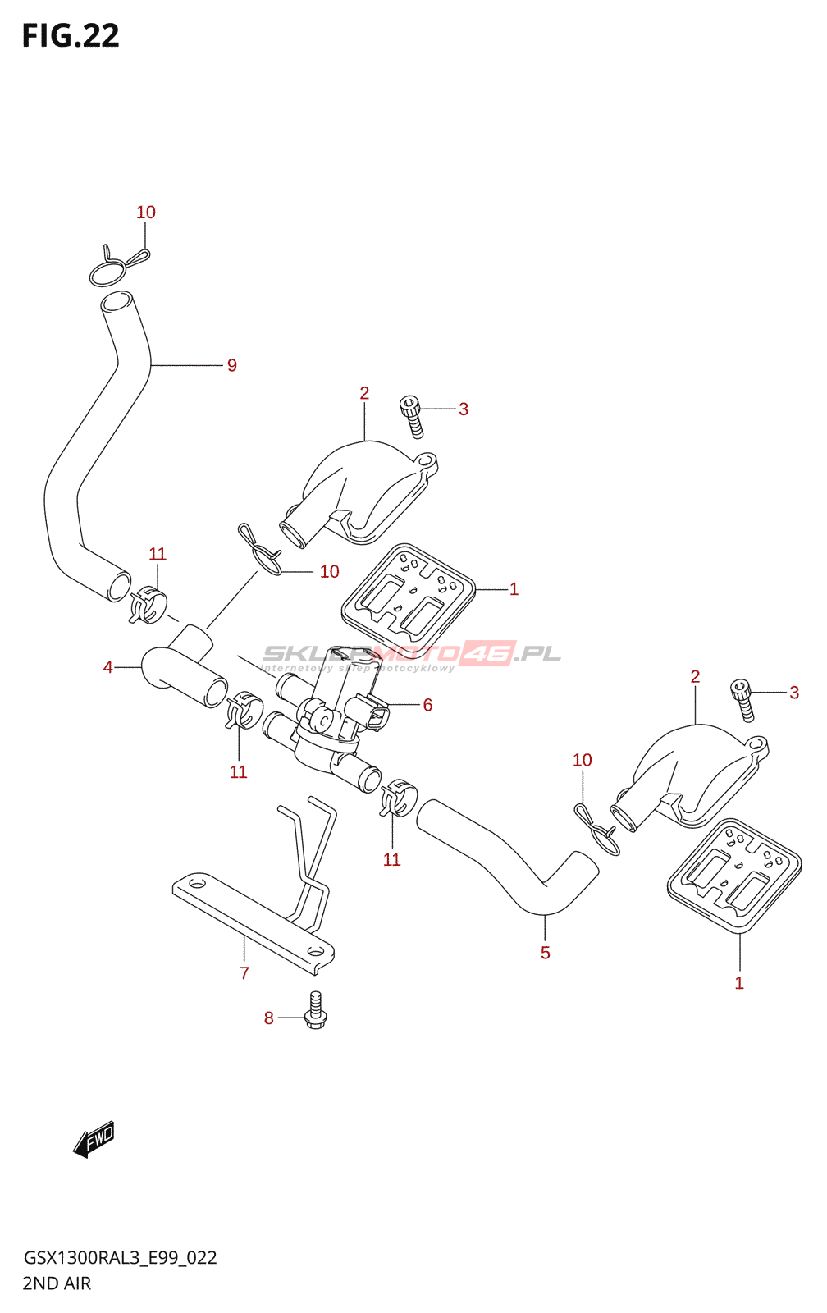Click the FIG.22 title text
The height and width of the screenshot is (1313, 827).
coord(71,36)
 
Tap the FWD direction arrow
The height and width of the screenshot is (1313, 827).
coord(94,1139)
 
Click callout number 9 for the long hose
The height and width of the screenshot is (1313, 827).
coord(232,366)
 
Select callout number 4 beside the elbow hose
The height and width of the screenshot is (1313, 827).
coord(108,668)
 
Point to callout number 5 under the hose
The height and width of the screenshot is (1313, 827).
coord(546,954)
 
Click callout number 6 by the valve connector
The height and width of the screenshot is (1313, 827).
coord(427,706)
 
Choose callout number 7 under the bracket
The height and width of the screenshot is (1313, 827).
coord(244,974)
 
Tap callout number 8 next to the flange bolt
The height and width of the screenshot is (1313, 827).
coord(268,1019)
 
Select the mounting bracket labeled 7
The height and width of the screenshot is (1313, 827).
coord(254,911)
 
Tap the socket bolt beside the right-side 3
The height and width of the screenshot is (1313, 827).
coord(743,700)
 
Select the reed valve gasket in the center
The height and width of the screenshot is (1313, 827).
coord(409,600)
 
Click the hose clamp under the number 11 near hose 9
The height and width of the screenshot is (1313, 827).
coord(148,605)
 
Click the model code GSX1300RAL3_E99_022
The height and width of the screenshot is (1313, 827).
coord(120,1258)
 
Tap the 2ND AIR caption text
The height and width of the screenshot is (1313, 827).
coord(57,1283)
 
